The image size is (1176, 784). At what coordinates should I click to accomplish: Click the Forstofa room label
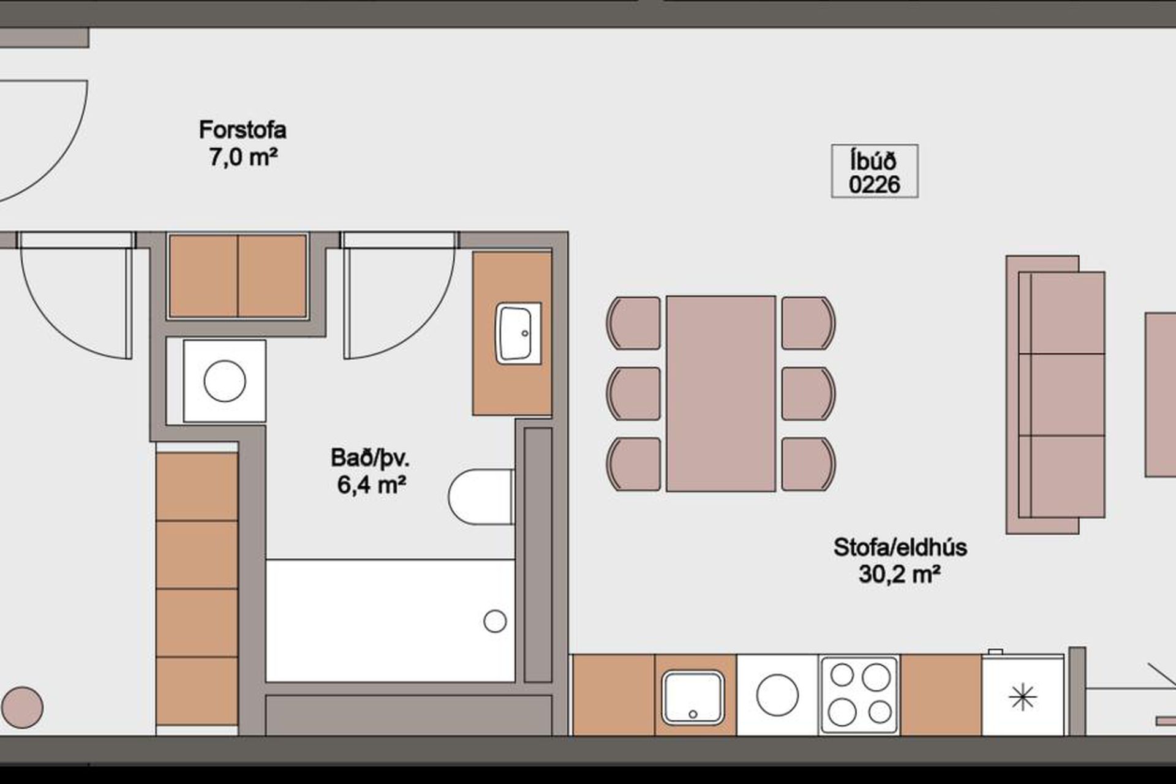coord(243,130)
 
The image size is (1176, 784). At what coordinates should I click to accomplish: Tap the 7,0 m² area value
coord(243,157)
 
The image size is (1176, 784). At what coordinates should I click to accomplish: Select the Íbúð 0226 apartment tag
coord(875,171)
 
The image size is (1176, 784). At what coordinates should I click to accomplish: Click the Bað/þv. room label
coord(370,458)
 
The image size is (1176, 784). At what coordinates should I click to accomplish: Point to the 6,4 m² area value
coord(372,485)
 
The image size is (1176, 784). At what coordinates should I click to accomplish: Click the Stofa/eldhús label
coord(900,547)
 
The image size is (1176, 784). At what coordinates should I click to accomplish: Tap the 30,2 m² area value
coord(900,575)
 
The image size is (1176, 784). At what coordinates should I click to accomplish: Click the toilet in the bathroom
coord(481,497)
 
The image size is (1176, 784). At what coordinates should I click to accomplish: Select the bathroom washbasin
coord(518,333)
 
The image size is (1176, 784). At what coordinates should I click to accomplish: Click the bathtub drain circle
coord(495,621)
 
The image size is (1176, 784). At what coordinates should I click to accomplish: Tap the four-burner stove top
coord(859,695)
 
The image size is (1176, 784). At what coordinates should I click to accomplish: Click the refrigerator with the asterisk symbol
coord(1022,696)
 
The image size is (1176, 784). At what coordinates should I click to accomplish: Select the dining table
coord(721,394)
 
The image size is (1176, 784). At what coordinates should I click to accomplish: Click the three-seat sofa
coord(1055,394)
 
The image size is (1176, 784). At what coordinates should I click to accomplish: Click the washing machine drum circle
coord(225,381)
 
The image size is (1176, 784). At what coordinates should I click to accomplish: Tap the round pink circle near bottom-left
coord(23,707)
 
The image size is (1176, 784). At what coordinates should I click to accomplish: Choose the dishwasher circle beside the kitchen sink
coord(778,695)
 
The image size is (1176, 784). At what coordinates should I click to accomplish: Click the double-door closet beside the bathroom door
coord(238,276)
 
